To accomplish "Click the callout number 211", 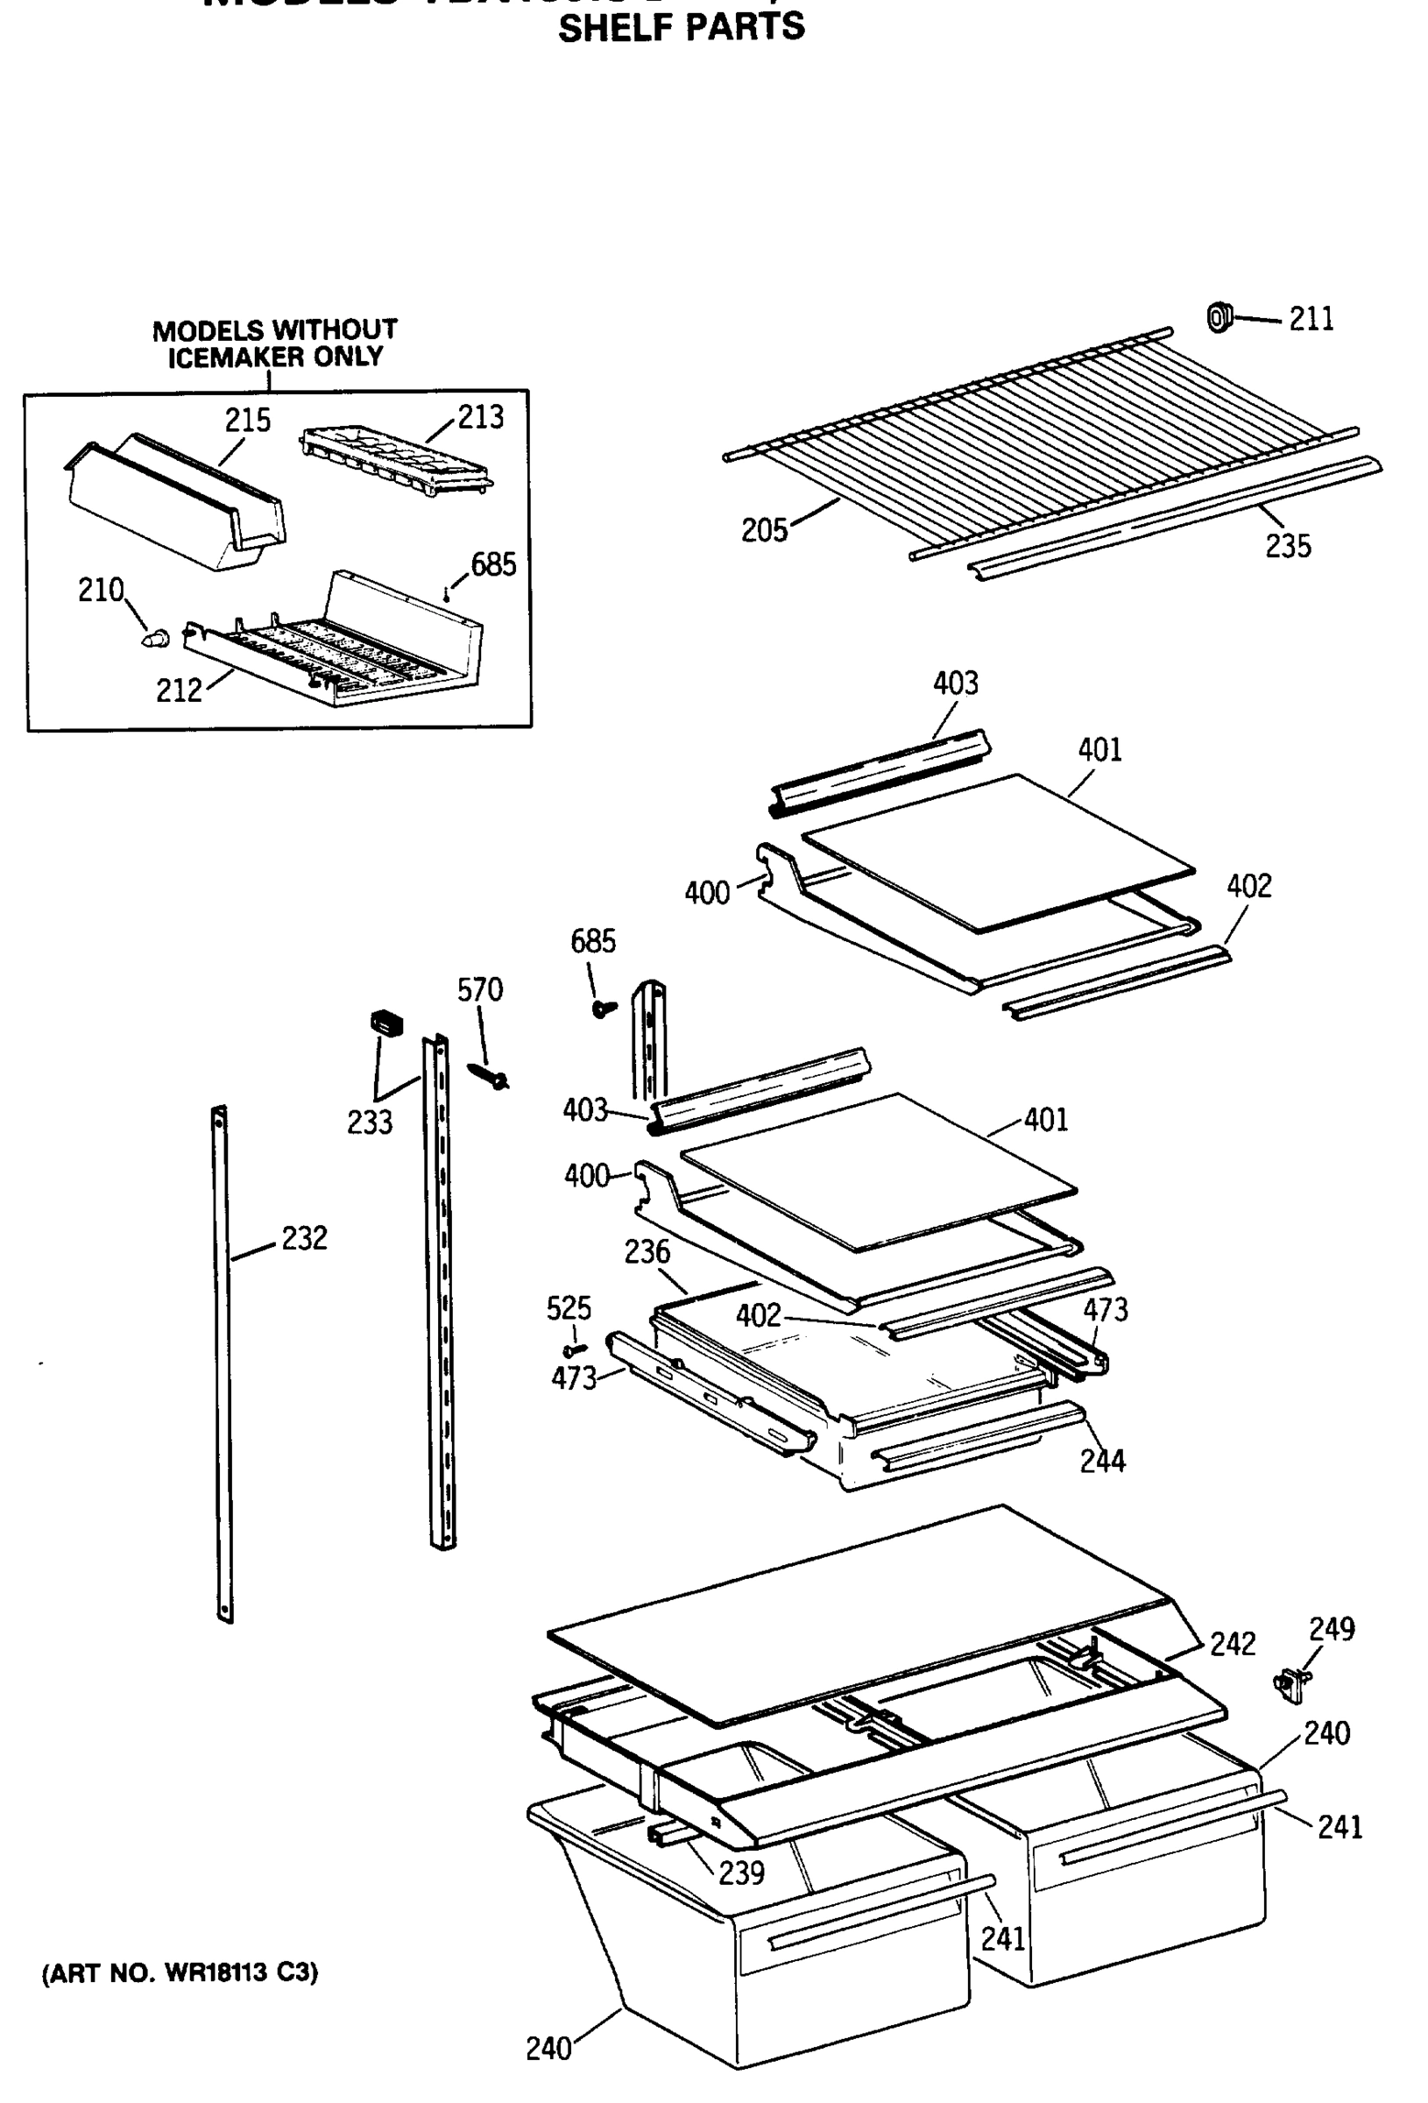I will tap(1311, 320).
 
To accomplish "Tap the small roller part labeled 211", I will tap(1220, 316).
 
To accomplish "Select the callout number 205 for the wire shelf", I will tap(764, 530).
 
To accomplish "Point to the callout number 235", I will tap(1287, 547).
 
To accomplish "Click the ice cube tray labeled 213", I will tap(394, 462).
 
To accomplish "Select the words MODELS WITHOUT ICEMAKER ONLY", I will tap(274, 343).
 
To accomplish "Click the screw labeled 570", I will tap(490, 1076).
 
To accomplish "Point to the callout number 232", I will tap(304, 1238).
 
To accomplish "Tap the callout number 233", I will tap(369, 1123).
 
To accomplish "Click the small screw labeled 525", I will tap(574, 1351).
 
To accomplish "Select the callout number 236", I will tap(647, 1252).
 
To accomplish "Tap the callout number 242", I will tap(1233, 1643).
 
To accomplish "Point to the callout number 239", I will tap(741, 1873).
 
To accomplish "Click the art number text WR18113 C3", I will tap(180, 1972).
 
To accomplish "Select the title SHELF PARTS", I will tap(681, 28).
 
